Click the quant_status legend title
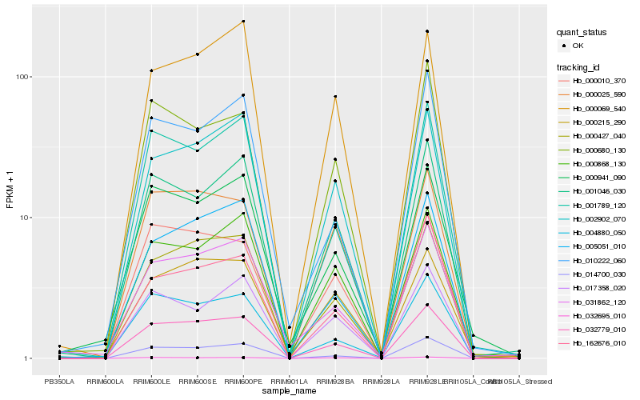(582, 32)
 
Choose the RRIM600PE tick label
(242, 382)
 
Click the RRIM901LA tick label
(289, 382)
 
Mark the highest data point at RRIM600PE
(243, 22)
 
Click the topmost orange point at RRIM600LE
(151, 70)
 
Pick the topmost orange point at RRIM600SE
(197, 54)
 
